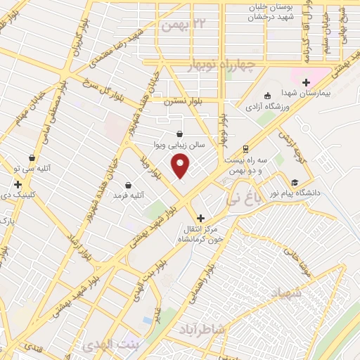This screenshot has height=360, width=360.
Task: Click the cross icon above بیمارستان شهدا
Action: coord(316,83)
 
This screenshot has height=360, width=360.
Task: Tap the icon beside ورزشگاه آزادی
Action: coord(266,96)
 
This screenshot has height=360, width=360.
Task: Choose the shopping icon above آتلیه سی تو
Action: coord(32,158)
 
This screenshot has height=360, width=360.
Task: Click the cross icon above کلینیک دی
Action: coord(18,184)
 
